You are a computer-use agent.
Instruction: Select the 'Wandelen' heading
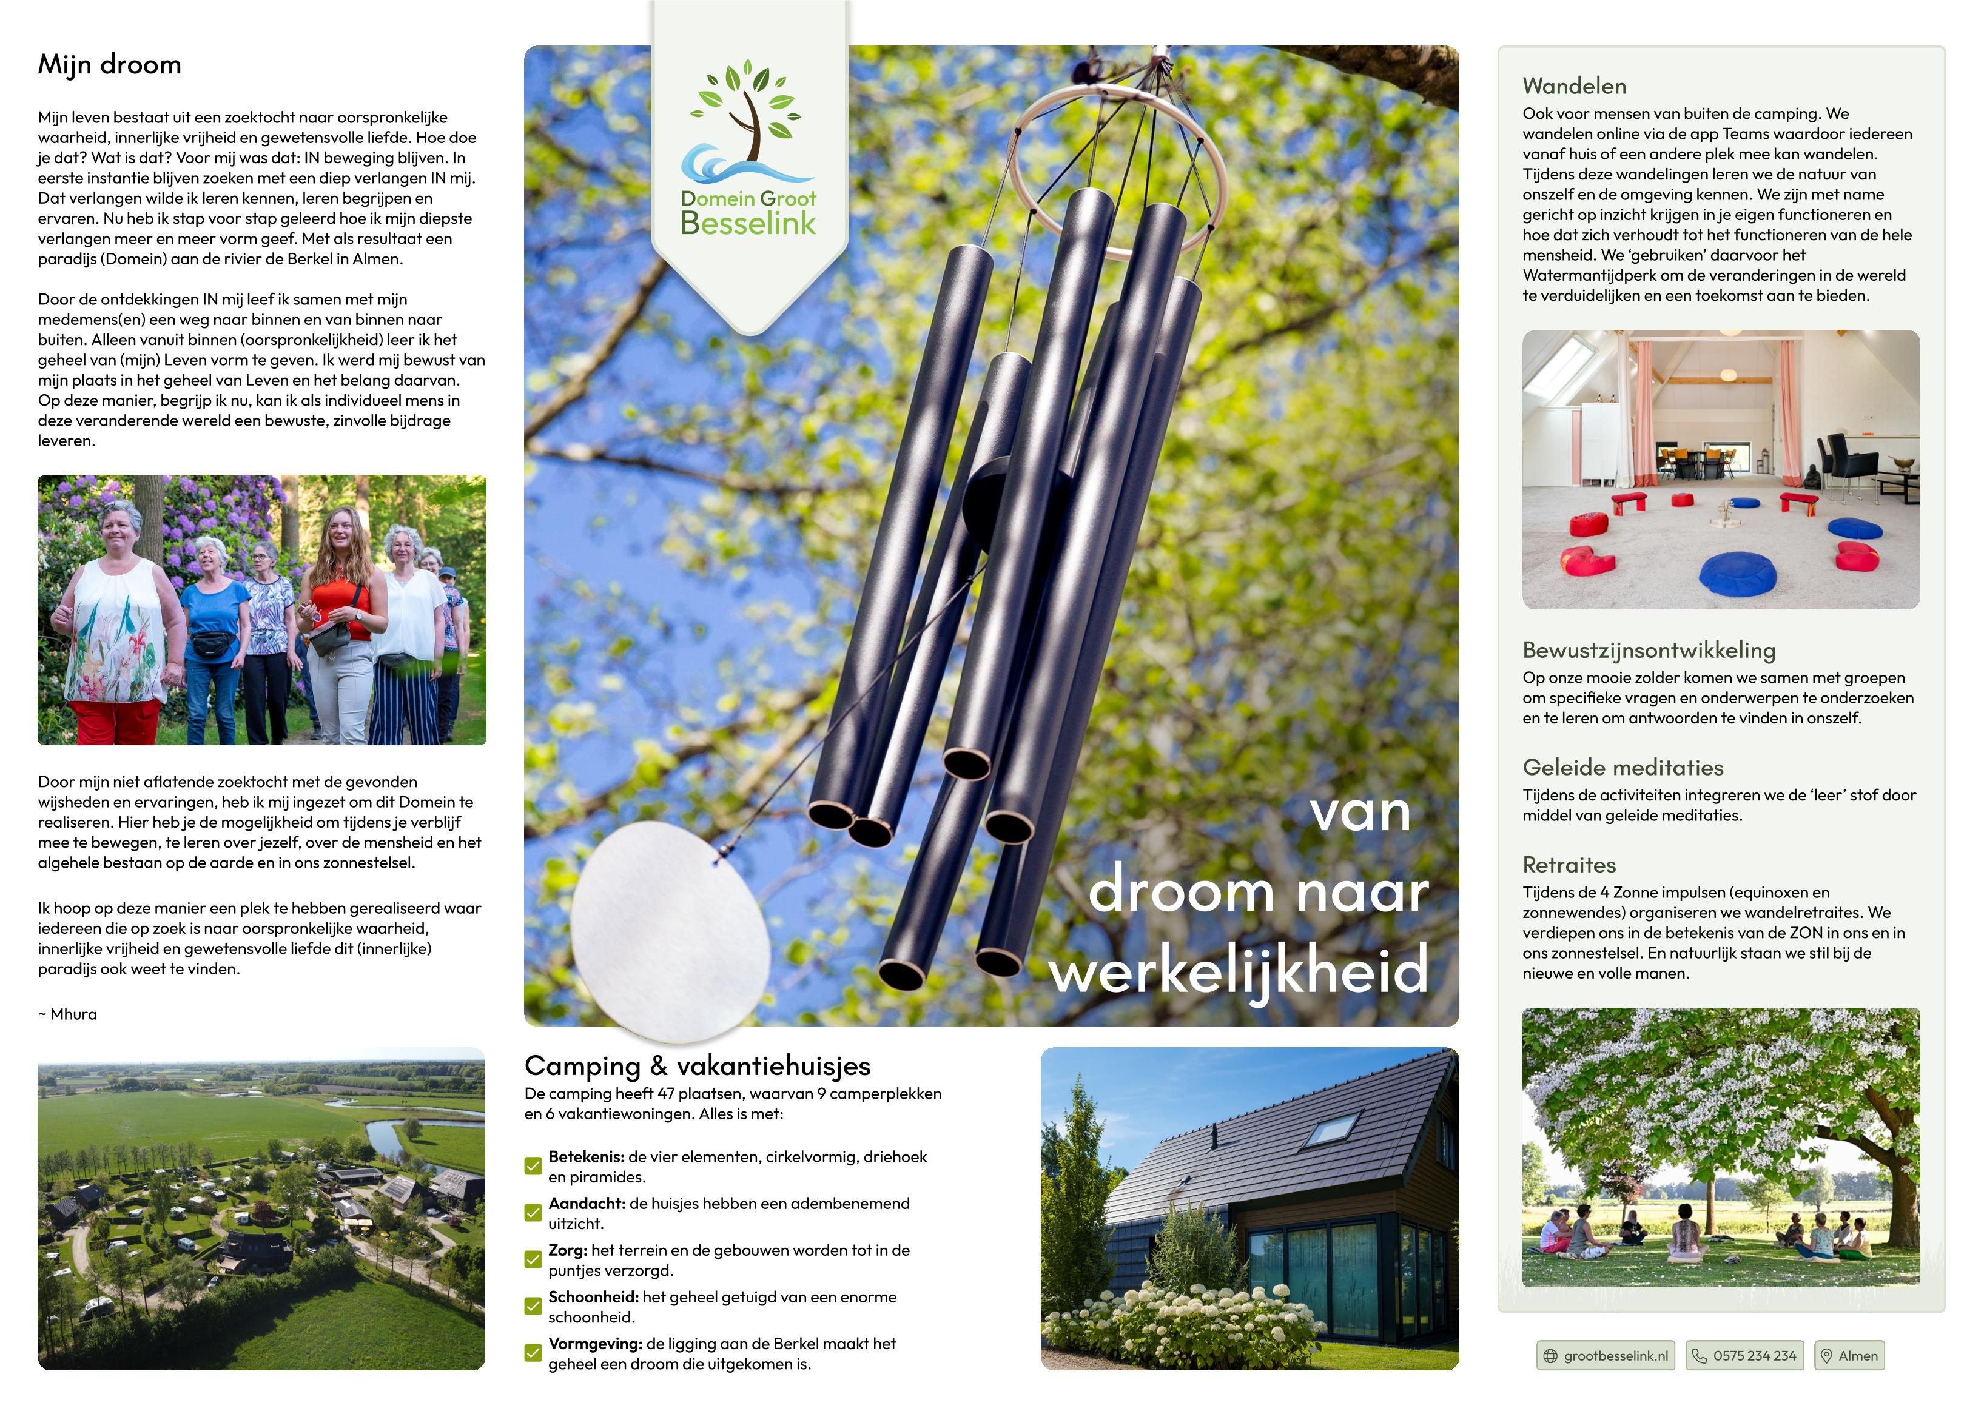[1574, 86]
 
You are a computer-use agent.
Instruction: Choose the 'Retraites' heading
[1569, 865]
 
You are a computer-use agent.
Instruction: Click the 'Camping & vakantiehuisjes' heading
[697, 1066]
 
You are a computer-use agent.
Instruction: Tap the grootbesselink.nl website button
[1605, 1356]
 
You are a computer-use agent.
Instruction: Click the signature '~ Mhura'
[68, 1014]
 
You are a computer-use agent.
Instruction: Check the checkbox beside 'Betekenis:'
[533, 1167]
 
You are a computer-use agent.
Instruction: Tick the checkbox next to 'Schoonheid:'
[533, 1307]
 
